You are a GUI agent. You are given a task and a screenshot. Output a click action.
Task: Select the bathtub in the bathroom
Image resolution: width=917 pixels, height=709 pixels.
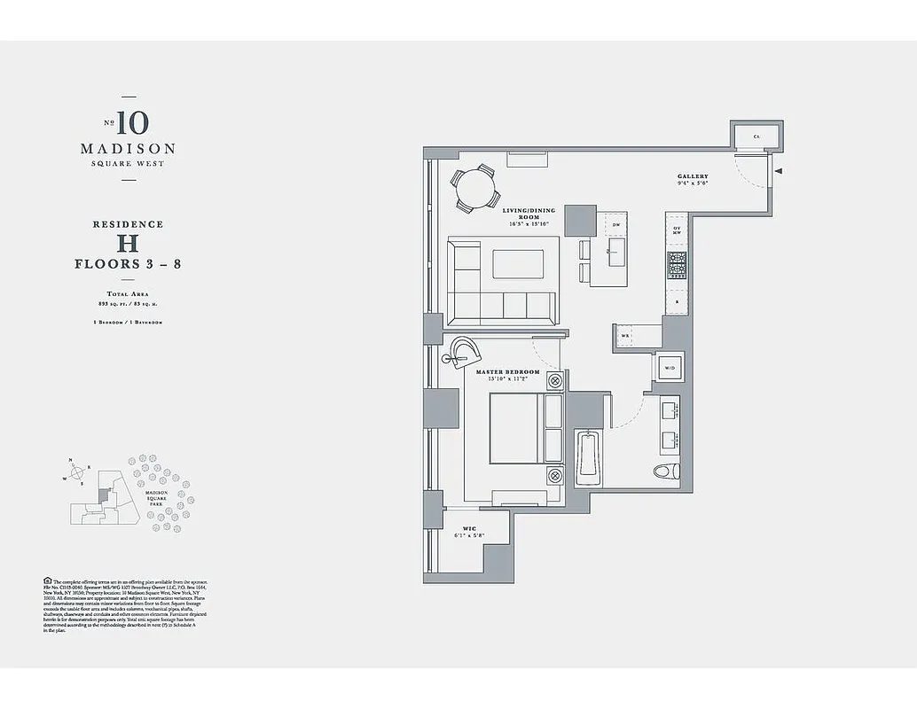point(588,457)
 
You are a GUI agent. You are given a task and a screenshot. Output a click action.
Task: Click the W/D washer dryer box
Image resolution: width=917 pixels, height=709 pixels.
point(668,366)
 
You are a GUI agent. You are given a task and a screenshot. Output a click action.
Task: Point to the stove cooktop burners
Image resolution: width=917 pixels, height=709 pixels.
point(677,263)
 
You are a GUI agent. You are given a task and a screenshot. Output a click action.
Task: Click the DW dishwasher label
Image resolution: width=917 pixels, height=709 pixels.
point(615,225)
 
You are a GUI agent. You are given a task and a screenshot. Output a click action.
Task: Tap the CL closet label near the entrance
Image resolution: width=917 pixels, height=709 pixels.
point(756,136)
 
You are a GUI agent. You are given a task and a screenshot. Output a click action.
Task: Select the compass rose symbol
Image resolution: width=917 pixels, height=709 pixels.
point(77,471)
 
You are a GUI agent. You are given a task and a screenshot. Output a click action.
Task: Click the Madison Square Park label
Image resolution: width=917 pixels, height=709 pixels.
point(156,497)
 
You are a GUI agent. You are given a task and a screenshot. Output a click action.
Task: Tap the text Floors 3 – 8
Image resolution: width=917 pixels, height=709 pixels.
point(128,264)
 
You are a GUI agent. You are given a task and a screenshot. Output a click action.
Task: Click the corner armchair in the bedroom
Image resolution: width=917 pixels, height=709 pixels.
point(463,351)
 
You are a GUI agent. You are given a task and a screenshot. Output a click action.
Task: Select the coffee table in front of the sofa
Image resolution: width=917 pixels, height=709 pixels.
point(519,265)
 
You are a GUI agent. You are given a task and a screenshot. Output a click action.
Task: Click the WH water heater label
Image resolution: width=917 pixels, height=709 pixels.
point(625,336)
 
